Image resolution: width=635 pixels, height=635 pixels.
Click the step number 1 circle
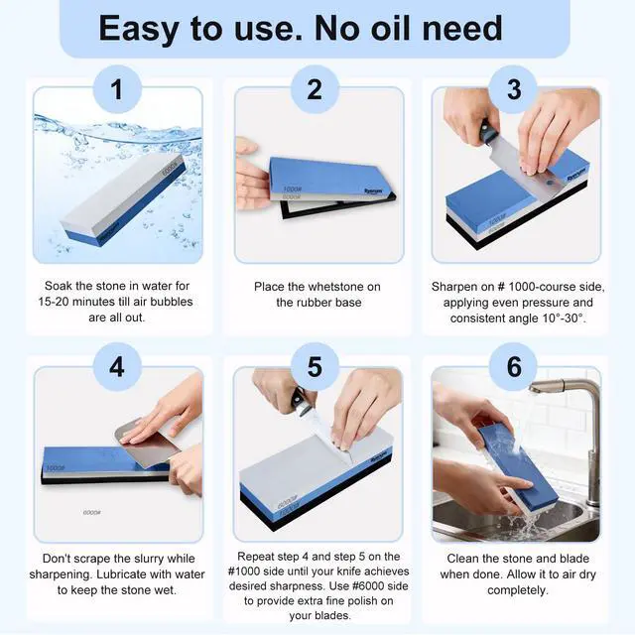coord(117,89)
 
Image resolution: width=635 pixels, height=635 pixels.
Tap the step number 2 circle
coord(315,89)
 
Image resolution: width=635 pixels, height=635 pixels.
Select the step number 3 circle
coord(513,89)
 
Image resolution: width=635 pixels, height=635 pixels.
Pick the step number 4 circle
coord(117,367)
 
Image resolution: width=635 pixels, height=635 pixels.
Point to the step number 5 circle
coord(315,367)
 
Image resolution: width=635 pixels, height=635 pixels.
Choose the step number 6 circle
coord(513,367)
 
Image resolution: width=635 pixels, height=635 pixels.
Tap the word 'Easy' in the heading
coord(139,29)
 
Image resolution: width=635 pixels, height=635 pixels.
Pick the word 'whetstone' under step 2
coord(337,287)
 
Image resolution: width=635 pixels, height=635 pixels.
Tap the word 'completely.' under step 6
coord(518,590)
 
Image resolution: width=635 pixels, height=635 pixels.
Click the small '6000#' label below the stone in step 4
coord(92,513)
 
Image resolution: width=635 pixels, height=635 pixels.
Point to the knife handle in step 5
coord(301,401)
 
